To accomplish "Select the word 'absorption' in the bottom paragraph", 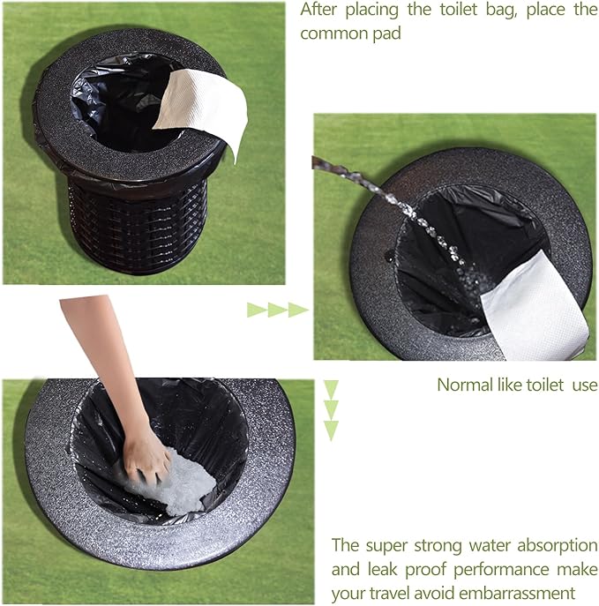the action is click(558, 546).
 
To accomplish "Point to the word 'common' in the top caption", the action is click(333, 34).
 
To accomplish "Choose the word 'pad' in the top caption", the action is click(387, 34).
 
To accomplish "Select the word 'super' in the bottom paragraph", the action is click(386, 547).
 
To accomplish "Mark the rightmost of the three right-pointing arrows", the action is click(298, 310).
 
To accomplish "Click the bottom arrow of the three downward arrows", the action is click(331, 430).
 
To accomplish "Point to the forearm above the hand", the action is click(102, 359).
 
